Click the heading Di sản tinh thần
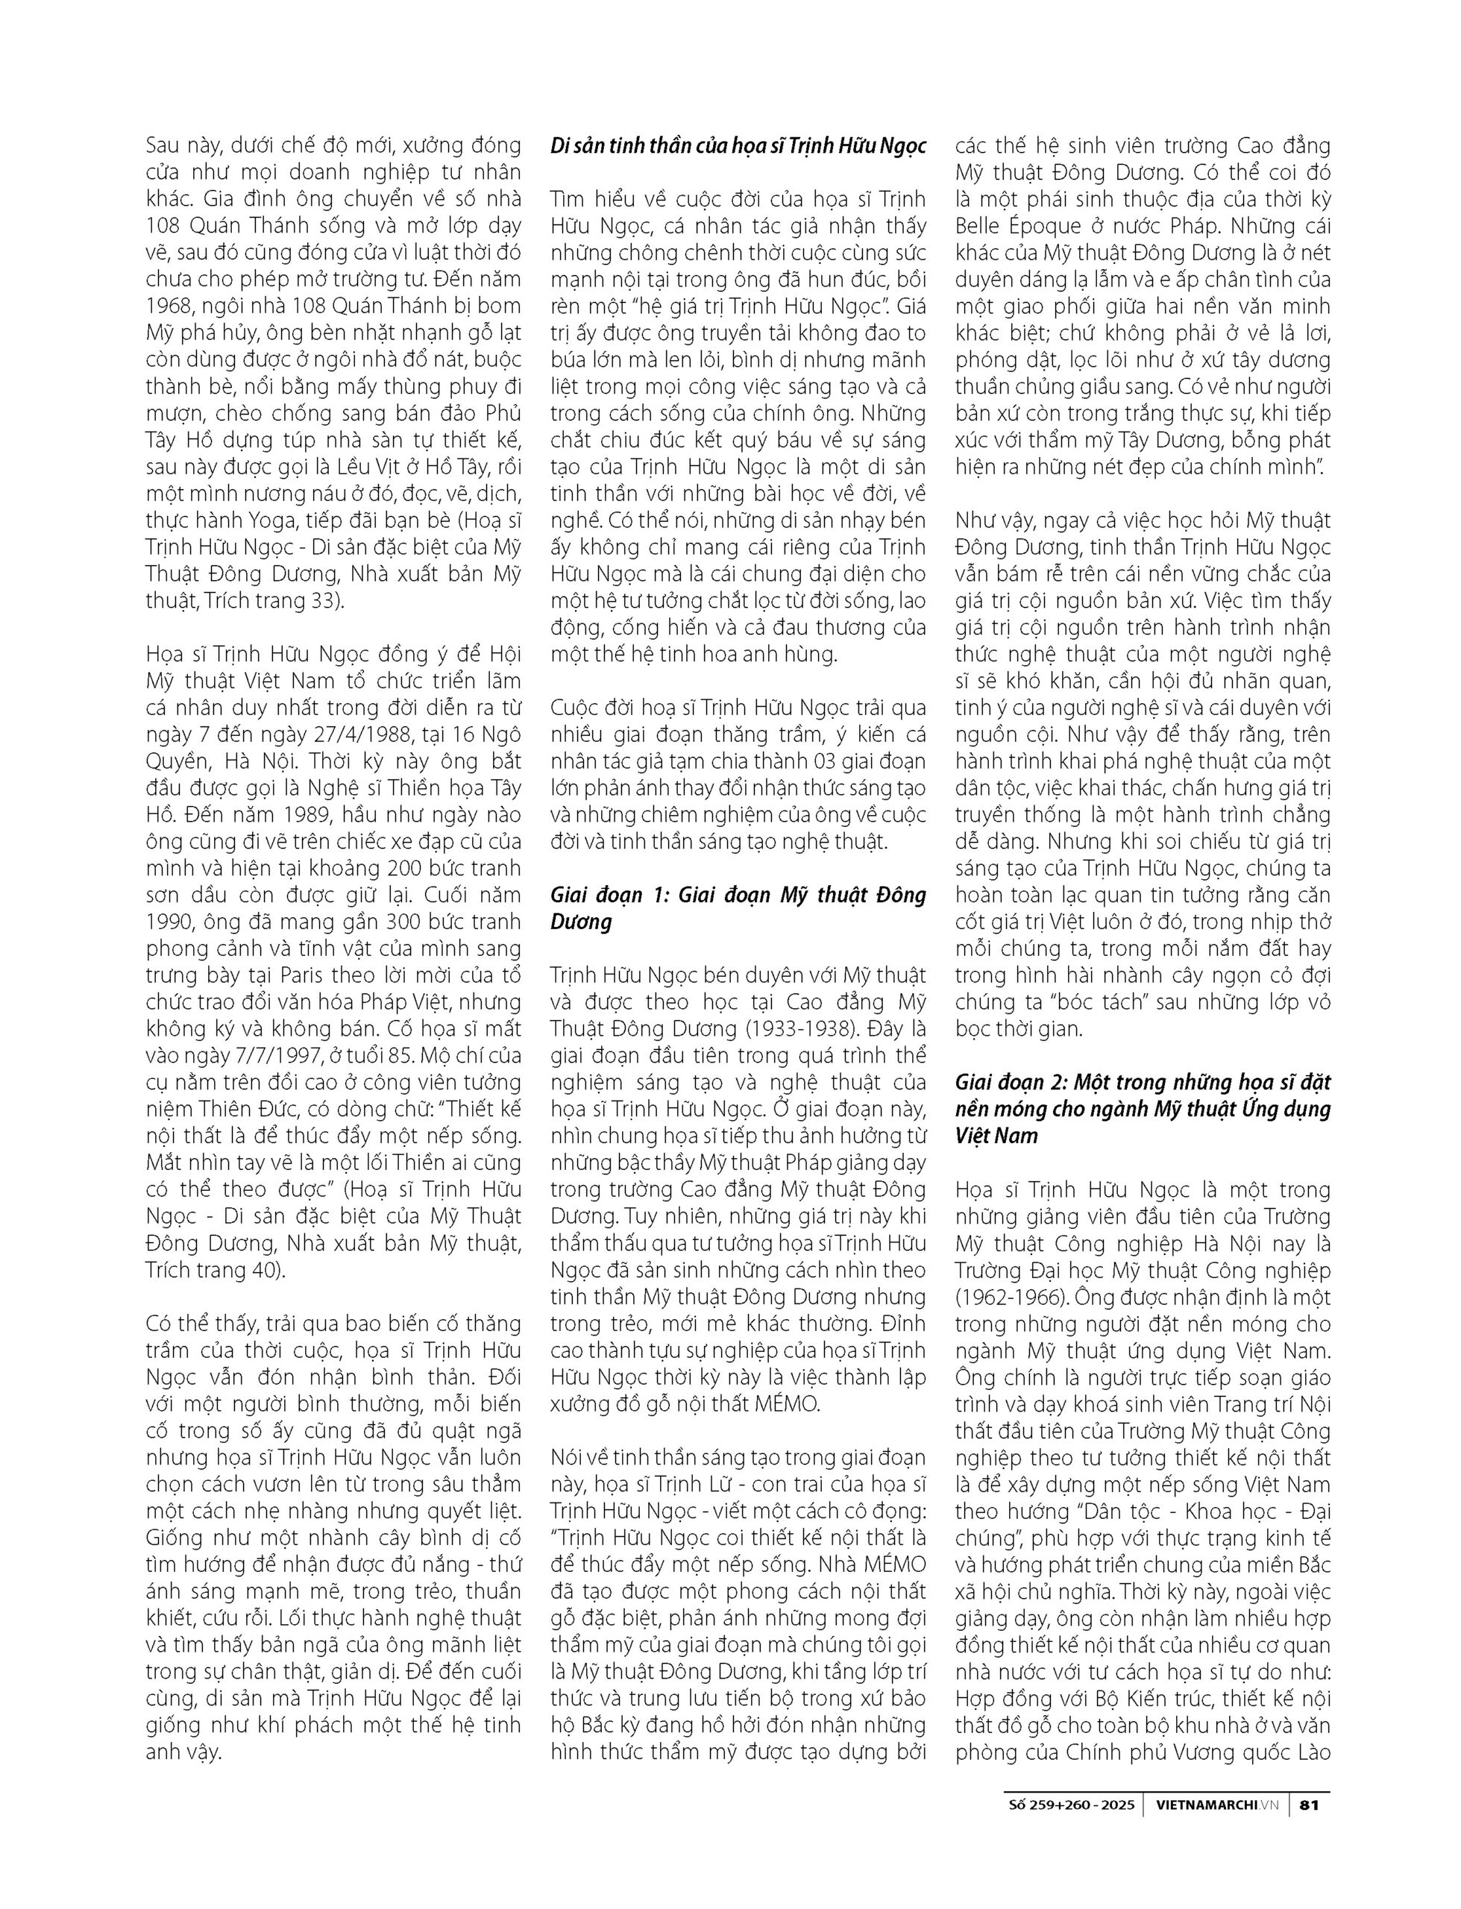738,145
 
